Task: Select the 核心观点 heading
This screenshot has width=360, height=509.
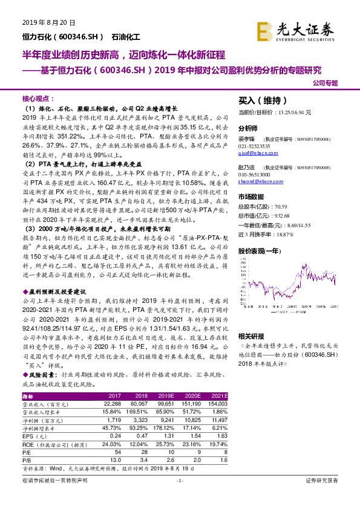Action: coord(38,99)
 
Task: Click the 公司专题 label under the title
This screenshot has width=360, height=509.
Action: coord(327,84)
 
